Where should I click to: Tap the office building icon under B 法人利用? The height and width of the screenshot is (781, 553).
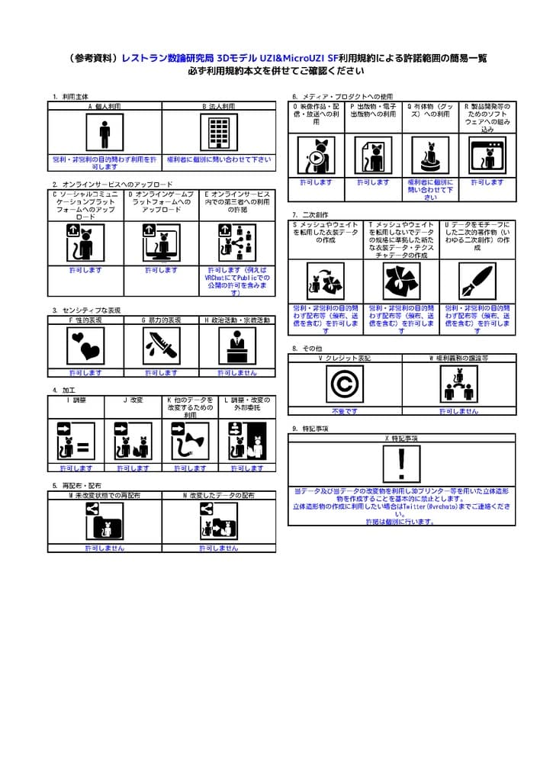point(219,134)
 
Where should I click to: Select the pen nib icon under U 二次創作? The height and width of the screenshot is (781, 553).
point(477,281)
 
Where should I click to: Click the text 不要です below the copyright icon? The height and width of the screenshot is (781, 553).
point(345,411)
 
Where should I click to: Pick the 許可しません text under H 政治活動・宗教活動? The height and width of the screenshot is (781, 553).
point(237,374)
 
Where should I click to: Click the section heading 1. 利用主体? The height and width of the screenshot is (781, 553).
point(69,97)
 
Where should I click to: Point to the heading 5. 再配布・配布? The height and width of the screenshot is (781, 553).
point(77,486)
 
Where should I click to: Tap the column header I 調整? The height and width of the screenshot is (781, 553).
point(76,400)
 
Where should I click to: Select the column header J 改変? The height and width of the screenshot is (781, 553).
point(133,400)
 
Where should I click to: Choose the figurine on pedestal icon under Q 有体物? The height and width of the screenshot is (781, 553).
point(430,156)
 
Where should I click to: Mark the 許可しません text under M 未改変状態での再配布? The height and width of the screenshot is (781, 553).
point(104,548)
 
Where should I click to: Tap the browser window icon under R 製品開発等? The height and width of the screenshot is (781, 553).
point(487,156)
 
